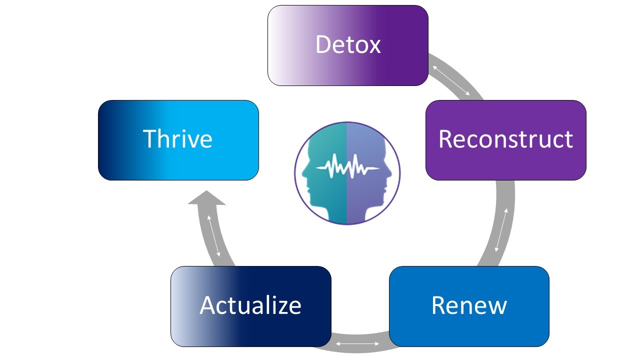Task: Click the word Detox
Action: [x=348, y=45]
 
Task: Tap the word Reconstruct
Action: [x=505, y=139]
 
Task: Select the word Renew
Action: [x=469, y=305]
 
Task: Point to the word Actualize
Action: [x=250, y=305]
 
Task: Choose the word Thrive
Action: [x=177, y=138]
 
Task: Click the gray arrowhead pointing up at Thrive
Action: [x=206, y=198]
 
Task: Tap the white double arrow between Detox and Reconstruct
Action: [x=451, y=80]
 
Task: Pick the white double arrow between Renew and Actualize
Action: [x=357, y=343]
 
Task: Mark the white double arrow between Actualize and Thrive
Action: [x=213, y=236]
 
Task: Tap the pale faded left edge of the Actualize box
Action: [x=177, y=306]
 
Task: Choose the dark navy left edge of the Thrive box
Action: [x=105, y=140]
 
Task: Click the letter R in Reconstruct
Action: [x=445, y=139]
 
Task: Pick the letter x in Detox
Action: [x=373, y=45]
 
